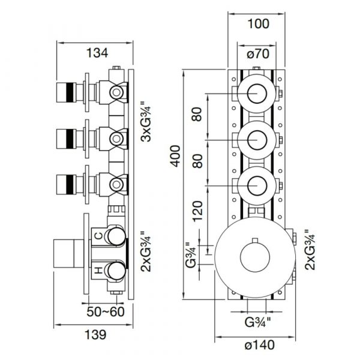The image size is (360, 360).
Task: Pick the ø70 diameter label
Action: pyautogui.click(x=258, y=55)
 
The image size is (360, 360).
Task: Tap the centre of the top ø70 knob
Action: pyautogui.click(x=258, y=94)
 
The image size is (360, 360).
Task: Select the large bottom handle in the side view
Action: pyautogui.click(x=66, y=253)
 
